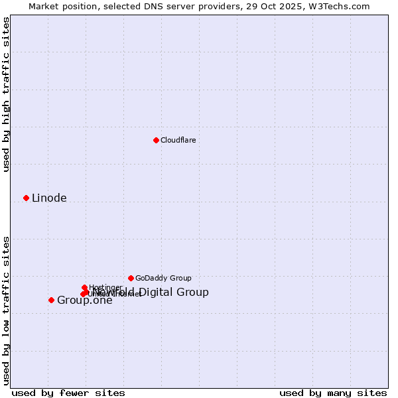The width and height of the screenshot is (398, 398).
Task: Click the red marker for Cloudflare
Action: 156,140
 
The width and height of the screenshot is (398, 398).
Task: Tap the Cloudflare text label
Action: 178,141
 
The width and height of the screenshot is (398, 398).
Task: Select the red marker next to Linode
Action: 26,198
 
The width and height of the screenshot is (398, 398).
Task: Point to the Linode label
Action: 49,198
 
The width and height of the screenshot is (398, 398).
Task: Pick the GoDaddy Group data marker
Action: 131,278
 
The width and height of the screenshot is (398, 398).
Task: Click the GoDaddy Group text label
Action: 163,279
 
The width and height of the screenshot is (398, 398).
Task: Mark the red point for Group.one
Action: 51,300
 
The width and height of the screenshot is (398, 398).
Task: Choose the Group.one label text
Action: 84,300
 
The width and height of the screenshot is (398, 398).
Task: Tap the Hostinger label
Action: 105,288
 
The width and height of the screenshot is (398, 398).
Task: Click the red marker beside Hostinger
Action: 84,287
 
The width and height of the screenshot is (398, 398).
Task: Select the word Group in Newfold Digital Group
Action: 194,293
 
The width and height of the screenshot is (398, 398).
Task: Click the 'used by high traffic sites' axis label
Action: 6,94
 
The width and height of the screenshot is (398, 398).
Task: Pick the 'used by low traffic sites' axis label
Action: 6,310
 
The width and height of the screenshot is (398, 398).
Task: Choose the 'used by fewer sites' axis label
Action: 68,393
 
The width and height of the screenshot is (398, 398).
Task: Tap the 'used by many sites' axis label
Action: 333,393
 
